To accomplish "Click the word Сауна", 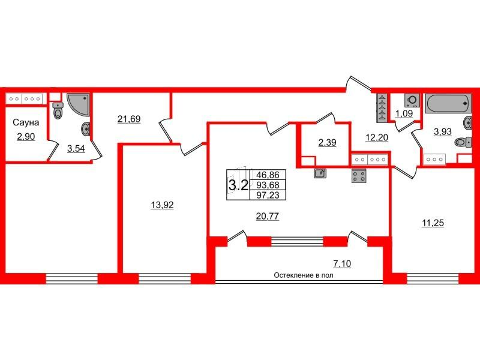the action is tap(26, 122).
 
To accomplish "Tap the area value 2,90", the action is tap(26, 137).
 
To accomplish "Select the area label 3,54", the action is tap(76, 149).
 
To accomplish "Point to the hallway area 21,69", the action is tap(129, 119).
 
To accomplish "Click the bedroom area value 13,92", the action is tap(162, 205).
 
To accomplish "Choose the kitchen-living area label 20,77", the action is tap(268, 217).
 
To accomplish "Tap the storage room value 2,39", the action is tap(327, 142).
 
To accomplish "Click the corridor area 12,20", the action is tap(377, 138).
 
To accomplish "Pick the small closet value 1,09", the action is tap(404, 113).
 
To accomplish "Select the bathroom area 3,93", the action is tap(443, 131).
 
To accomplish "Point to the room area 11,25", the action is tap(433, 223).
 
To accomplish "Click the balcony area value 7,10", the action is tap(342, 263).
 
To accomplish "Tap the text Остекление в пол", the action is tap(304, 275).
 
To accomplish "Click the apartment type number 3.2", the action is tap(238, 185).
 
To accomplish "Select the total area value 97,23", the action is tap(268, 195).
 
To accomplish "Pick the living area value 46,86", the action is tap(268, 175).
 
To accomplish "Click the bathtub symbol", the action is tap(448, 103).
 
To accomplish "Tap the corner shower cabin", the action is tap(79, 104).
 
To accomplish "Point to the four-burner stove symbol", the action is tap(359, 176).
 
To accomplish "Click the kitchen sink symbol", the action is tap(320, 173).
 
